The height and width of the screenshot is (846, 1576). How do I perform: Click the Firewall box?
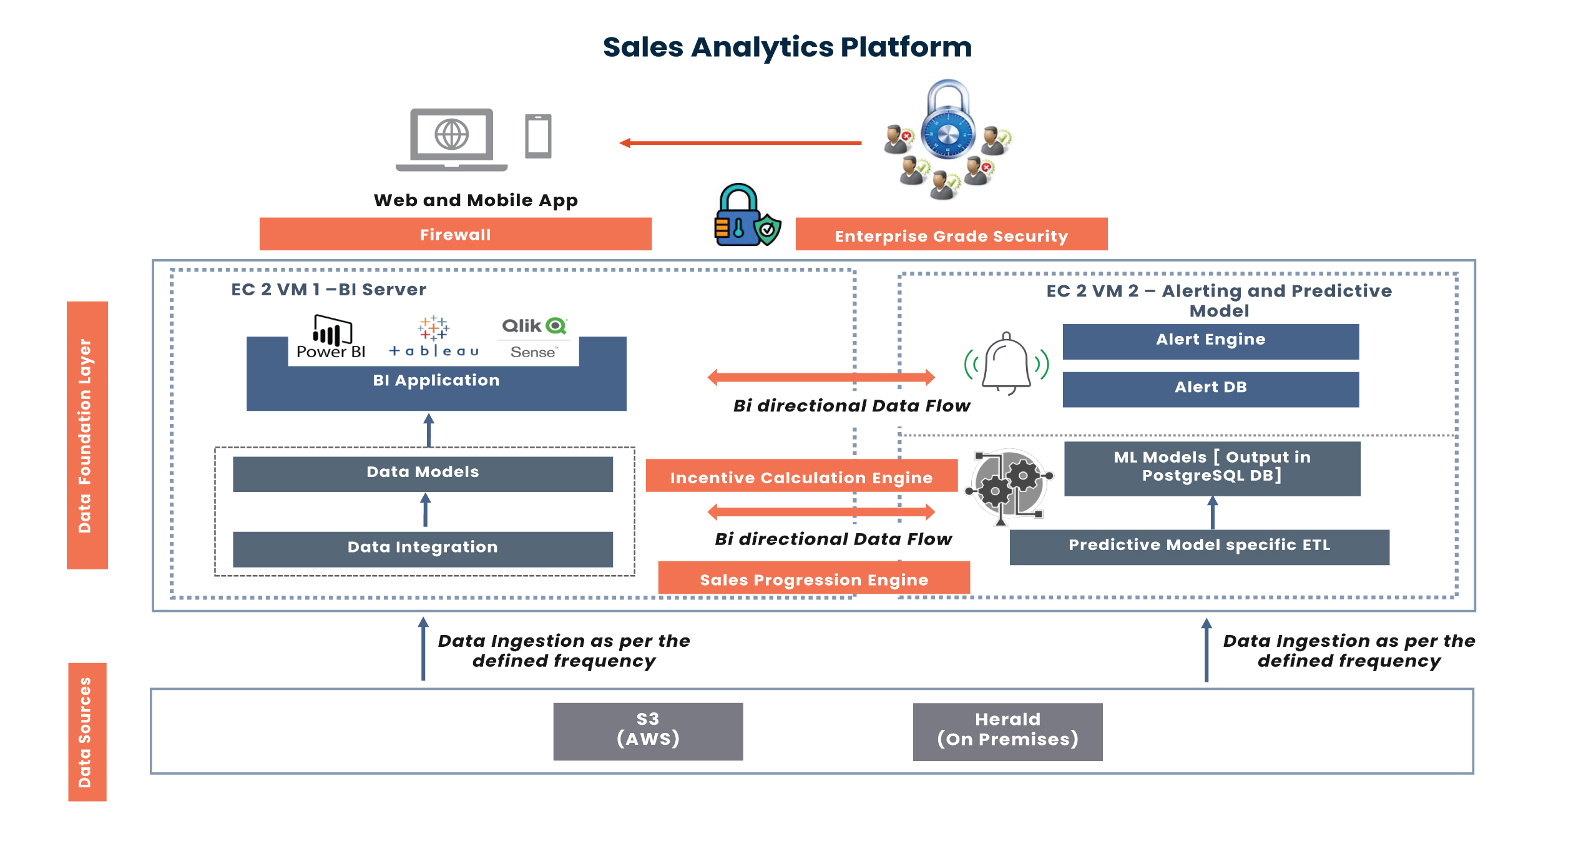click(x=455, y=234)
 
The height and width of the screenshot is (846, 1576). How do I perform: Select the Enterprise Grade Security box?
click(x=951, y=235)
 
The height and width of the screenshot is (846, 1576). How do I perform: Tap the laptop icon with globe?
click(x=451, y=139)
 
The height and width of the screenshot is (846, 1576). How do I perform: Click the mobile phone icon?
click(x=537, y=136)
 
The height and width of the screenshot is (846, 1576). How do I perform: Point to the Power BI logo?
click(x=331, y=337)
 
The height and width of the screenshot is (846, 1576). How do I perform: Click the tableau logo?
click(x=434, y=337)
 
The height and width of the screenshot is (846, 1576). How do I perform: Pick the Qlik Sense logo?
click(x=534, y=338)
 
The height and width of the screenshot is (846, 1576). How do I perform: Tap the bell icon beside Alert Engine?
click(x=1006, y=363)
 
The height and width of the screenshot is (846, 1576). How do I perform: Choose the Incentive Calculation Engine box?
click(x=801, y=476)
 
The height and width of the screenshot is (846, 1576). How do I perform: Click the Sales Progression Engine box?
click(x=813, y=578)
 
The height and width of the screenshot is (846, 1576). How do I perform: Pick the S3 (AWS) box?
click(x=648, y=730)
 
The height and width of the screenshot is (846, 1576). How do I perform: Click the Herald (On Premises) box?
click(x=1007, y=731)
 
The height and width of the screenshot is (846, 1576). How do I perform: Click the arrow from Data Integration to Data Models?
click(x=425, y=510)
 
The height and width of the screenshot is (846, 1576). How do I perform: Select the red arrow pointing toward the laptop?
click(x=740, y=143)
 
